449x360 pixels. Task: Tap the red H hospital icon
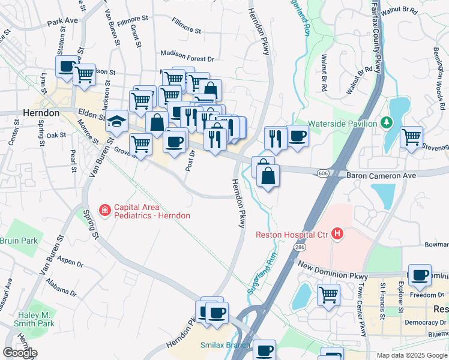tap(337, 234)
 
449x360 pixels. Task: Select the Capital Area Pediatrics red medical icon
tap(104, 210)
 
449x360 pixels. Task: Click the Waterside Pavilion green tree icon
tap(387, 124)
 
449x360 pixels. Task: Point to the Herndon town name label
tap(41, 113)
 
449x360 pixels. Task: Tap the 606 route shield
tap(324, 173)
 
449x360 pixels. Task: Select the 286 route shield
tap(299, 247)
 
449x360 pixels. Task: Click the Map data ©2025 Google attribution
tap(412, 355)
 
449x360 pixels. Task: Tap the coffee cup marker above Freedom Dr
tap(420, 274)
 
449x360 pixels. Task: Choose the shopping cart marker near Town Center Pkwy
tap(328, 294)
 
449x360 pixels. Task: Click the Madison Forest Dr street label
tap(187, 59)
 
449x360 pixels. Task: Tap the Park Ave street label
tap(63, 20)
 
